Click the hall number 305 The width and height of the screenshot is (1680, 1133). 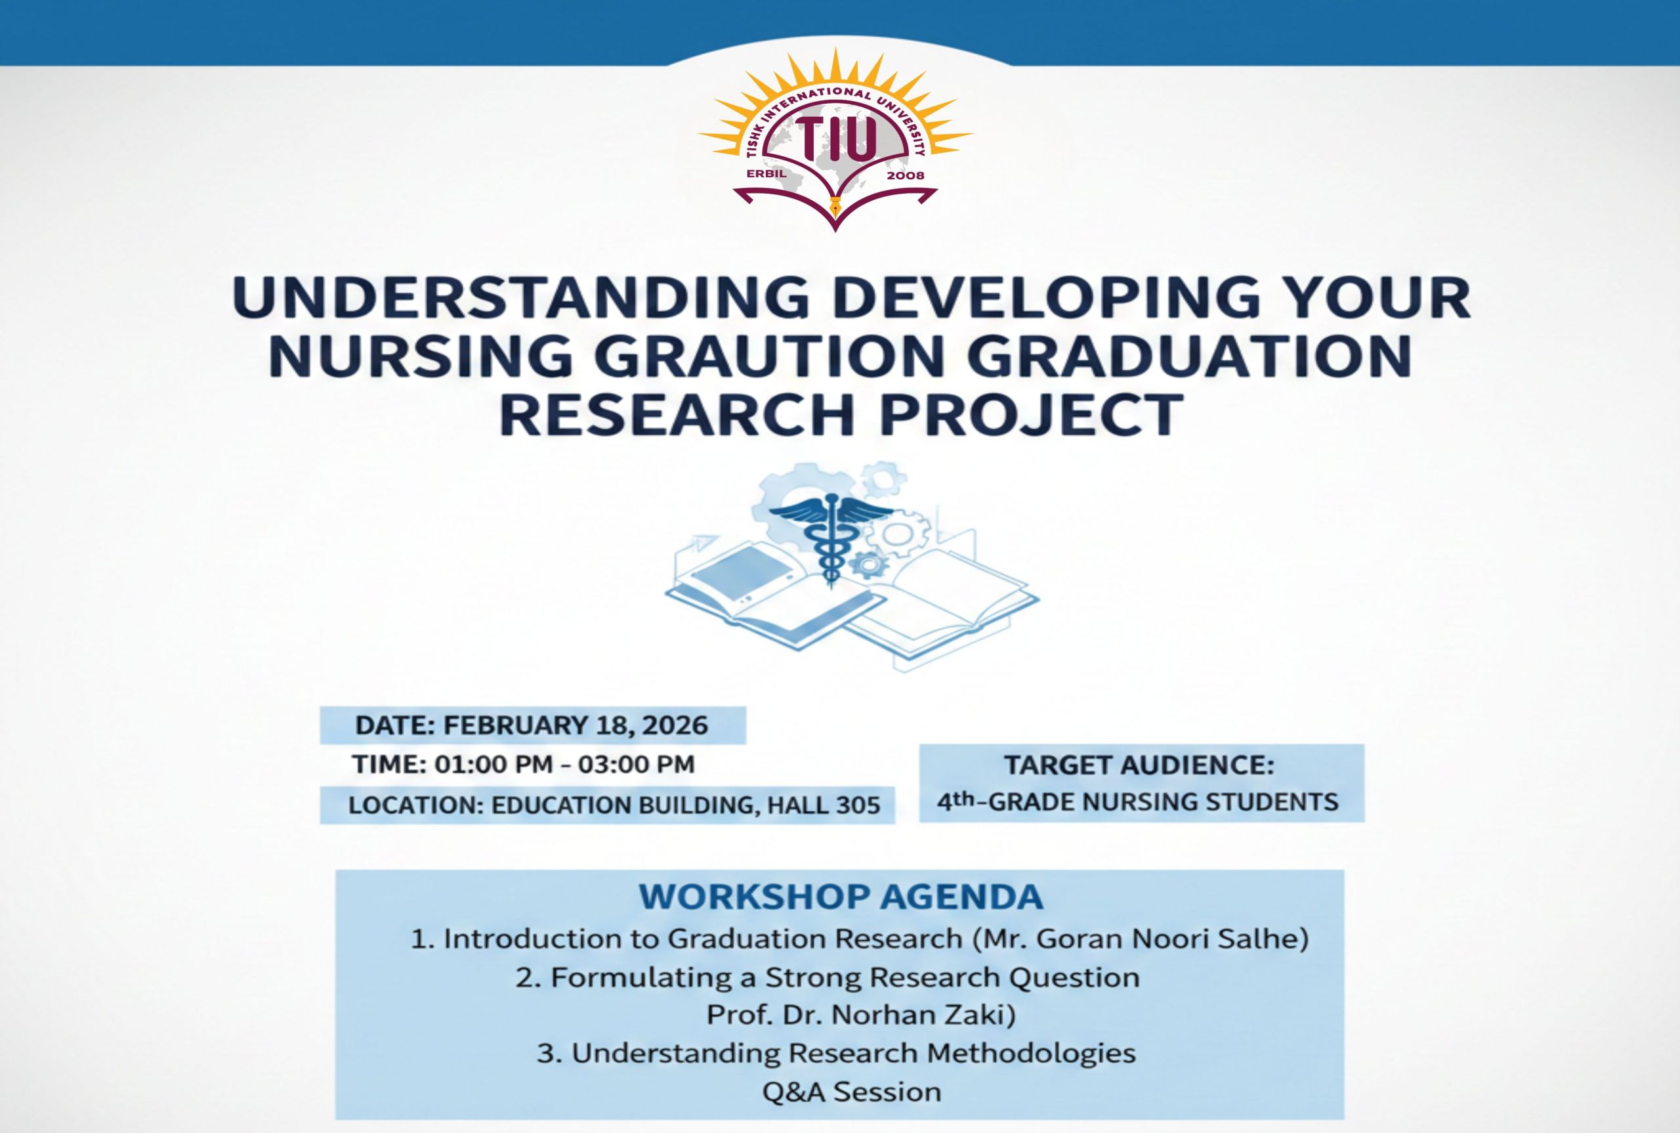(x=859, y=805)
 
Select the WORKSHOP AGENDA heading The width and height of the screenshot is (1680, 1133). (x=841, y=897)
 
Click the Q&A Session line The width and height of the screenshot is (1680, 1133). (x=852, y=1092)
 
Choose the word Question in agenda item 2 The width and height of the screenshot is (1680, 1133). (x=1074, y=977)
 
